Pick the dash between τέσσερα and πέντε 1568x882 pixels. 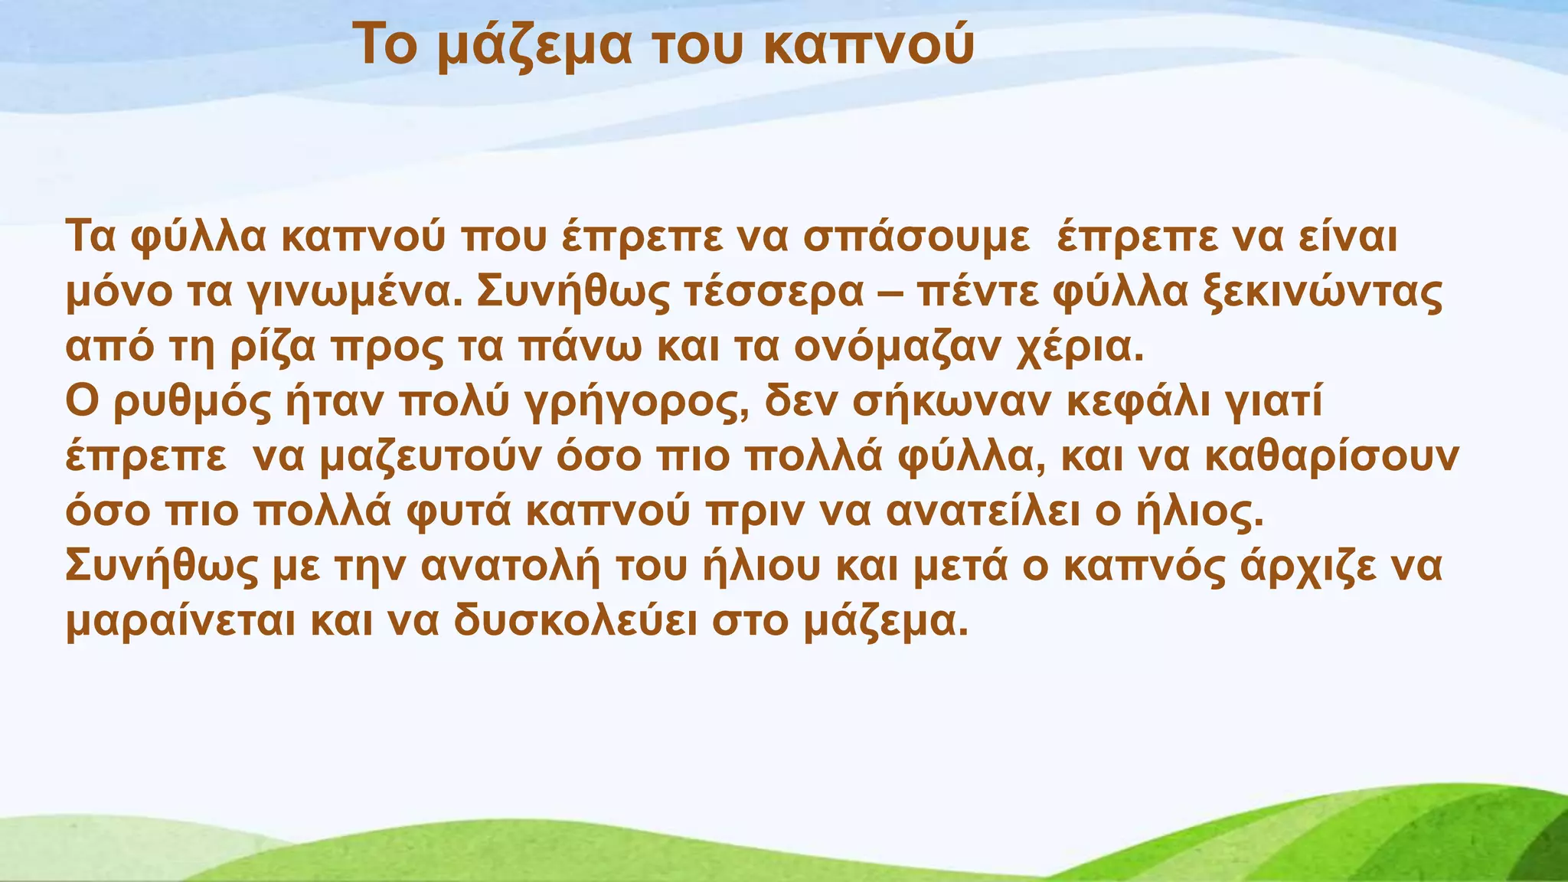pos(891,293)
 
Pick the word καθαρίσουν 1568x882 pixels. pos(1331,457)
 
